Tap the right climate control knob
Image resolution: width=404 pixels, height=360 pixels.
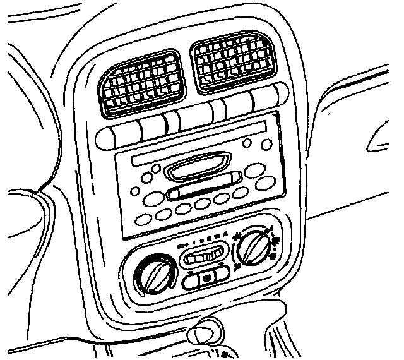(x=252, y=248)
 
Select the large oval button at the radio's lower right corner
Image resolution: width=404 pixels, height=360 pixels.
(x=266, y=183)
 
